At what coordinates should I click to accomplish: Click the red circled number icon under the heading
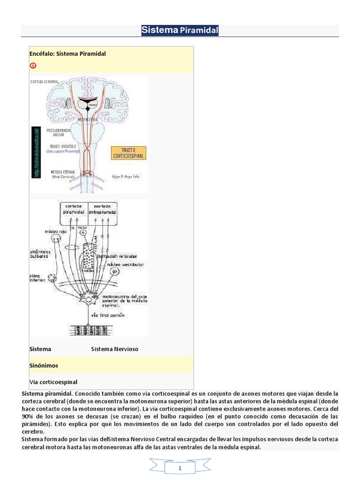click(33, 65)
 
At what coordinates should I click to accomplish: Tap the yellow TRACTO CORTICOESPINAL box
click(128, 152)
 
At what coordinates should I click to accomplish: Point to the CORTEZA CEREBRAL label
click(45, 82)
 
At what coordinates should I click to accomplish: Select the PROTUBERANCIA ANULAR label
click(58, 131)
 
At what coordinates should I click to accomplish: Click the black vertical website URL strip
click(35, 152)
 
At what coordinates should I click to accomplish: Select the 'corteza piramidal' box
click(73, 209)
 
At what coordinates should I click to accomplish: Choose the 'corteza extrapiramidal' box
click(102, 209)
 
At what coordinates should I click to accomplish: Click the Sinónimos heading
click(44, 365)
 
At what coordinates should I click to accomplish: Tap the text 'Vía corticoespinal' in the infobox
click(53, 382)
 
